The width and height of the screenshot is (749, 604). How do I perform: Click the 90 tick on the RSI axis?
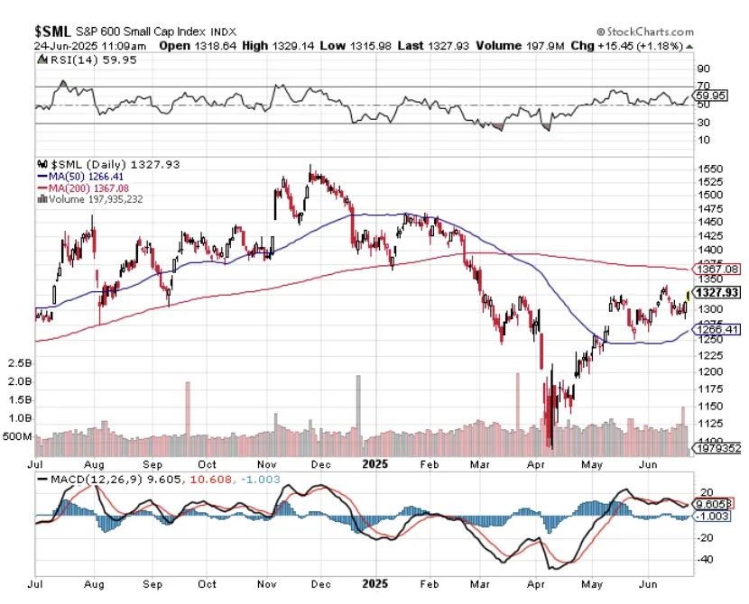703,68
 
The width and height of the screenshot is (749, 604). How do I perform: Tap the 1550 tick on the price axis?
711,169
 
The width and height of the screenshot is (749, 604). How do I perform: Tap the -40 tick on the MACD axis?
706,560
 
